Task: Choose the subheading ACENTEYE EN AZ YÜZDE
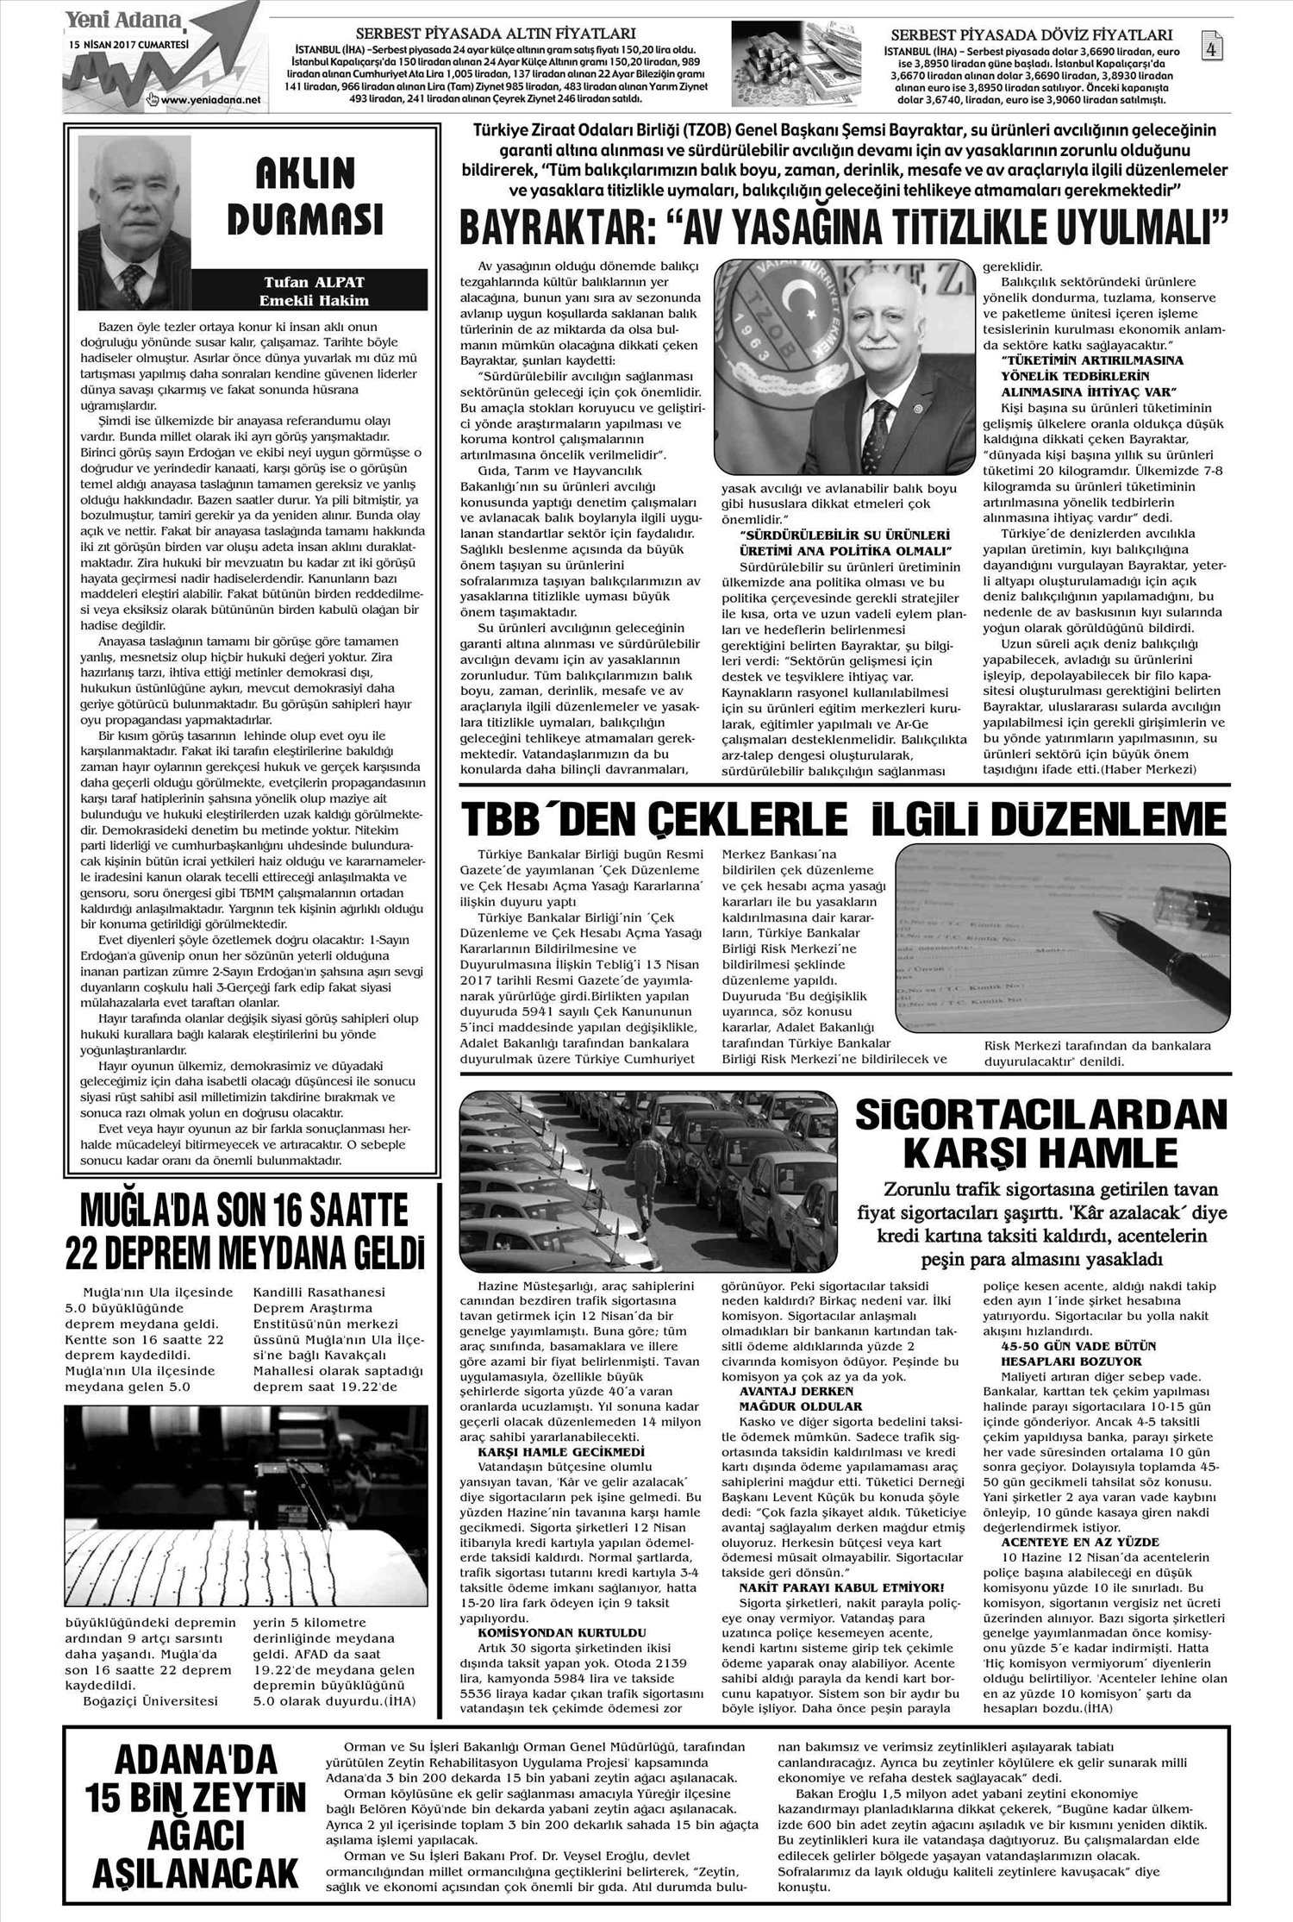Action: click(x=1067, y=1541)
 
